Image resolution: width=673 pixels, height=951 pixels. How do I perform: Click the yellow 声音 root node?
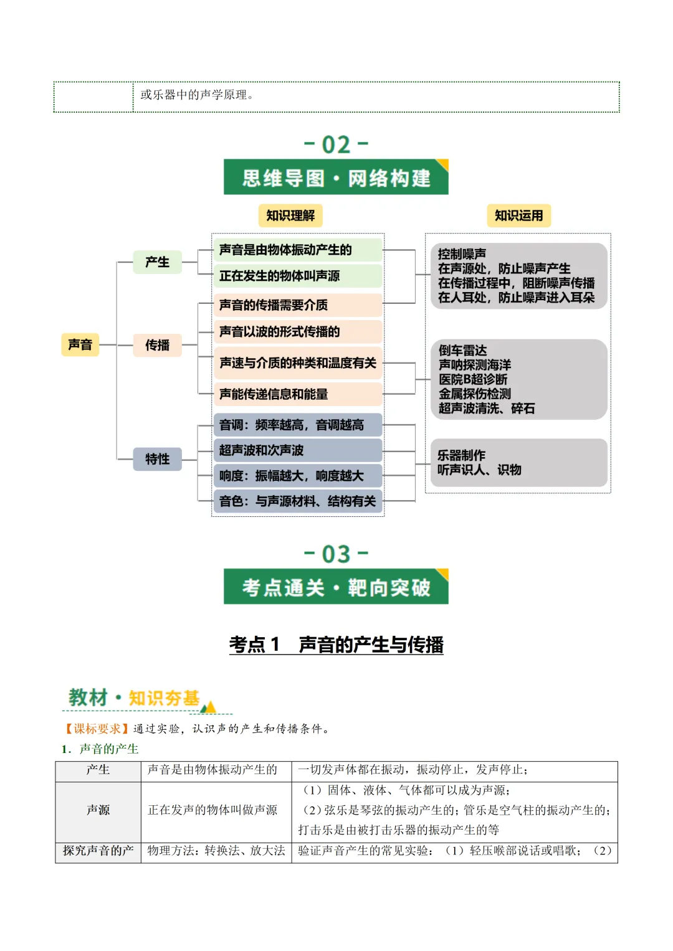(x=80, y=344)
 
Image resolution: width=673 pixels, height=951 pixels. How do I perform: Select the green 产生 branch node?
(x=157, y=262)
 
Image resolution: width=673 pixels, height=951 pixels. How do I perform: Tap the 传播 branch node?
(x=157, y=345)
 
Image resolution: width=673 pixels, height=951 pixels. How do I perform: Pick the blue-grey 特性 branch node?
(x=157, y=459)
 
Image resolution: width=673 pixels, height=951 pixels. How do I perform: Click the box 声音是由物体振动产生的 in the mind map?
(x=297, y=250)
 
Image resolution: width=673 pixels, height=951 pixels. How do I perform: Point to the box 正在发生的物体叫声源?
(x=297, y=276)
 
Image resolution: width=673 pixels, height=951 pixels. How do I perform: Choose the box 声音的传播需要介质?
(x=297, y=305)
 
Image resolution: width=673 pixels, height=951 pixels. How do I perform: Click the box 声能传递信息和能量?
(x=297, y=394)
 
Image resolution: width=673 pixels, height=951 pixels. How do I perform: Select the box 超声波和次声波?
(x=297, y=450)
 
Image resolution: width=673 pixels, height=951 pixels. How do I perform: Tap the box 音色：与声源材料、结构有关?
(x=297, y=501)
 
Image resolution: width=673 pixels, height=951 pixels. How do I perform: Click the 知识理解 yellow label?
(x=290, y=215)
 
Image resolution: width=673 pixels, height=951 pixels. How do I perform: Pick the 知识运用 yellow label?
(x=518, y=215)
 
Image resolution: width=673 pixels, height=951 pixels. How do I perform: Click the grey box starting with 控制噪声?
(x=518, y=276)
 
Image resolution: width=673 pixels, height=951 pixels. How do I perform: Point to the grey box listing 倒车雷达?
(x=518, y=379)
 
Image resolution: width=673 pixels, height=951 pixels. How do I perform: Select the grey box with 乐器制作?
(x=518, y=463)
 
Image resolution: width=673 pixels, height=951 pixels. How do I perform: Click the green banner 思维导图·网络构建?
(x=336, y=178)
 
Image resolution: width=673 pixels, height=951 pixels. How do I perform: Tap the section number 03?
(x=336, y=554)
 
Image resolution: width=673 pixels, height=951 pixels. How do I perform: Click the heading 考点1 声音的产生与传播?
(x=336, y=645)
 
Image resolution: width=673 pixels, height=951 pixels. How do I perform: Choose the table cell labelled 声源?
(x=98, y=810)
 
